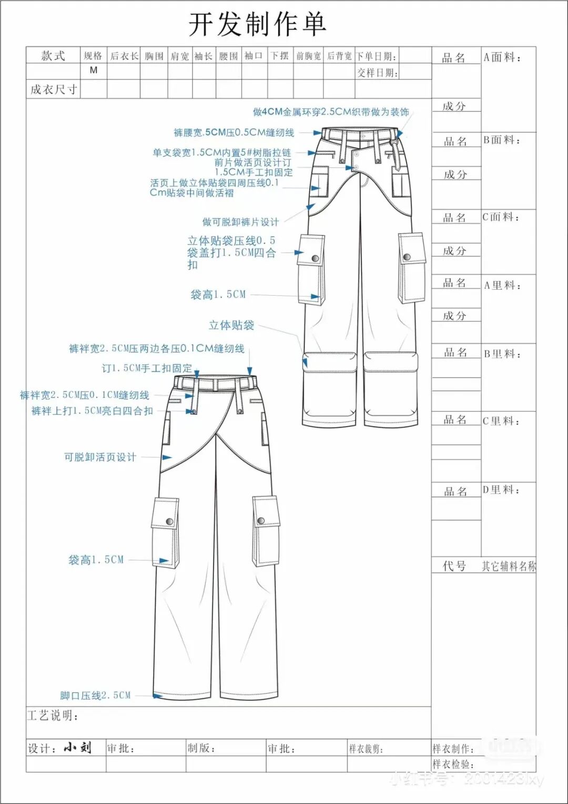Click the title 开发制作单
pyautogui.click(x=257, y=25)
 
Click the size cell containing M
pyautogui.click(x=94, y=70)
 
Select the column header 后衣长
pyautogui.click(x=124, y=56)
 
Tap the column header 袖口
pyautogui.click(x=253, y=56)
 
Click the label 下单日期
pyautogui.click(x=376, y=56)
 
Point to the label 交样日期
pyautogui.click(x=377, y=73)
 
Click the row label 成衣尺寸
pyautogui.click(x=54, y=89)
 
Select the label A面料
pyautogui.click(x=502, y=57)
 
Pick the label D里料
pyautogui.click(x=501, y=490)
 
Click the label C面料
pyautogui.click(x=501, y=217)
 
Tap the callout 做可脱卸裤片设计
pyautogui.click(x=240, y=222)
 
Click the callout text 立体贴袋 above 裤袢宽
pyautogui.click(x=231, y=325)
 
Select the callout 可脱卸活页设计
pyautogui.click(x=100, y=457)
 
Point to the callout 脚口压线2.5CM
pyautogui.click(x=95, y=695)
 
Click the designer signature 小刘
pyautogui.click(x=78, y=748)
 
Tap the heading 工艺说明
pyautogui.click(x=53, y=716)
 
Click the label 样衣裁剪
pyautogui.click(x=366, y=748)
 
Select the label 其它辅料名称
pyautogui.click(x=509, y=566)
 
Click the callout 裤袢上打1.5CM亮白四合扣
pyautogui.click(x=92, y=410)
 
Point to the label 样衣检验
pyautogui.click(x=453, y=764)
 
